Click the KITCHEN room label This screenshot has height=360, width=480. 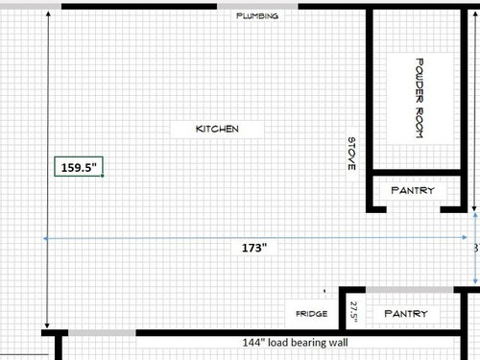217,129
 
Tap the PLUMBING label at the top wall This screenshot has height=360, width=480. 257,15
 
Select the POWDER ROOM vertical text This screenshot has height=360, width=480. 420,98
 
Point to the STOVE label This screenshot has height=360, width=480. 351,154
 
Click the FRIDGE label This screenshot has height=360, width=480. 312,314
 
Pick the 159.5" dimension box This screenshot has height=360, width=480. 79,166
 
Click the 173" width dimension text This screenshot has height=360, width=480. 254,248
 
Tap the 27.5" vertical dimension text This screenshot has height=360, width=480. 354,311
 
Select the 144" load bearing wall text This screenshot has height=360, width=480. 295,343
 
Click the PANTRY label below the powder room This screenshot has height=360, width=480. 413,190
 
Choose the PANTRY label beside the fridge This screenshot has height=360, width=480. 406,314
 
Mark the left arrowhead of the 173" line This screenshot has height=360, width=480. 45,238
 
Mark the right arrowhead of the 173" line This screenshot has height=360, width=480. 465,237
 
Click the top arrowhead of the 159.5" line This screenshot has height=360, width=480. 48,13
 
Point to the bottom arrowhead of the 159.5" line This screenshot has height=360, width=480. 47,325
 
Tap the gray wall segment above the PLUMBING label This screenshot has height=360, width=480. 257,7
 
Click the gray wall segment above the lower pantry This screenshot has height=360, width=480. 410,290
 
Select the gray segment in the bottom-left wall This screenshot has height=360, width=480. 102,333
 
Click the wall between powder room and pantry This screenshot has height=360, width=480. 417,173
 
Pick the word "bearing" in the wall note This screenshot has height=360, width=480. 306,343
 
